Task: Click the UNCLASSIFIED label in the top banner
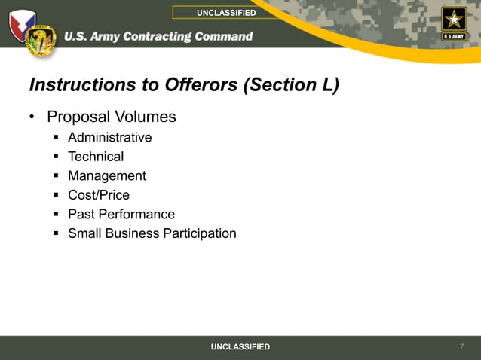click(226, 13)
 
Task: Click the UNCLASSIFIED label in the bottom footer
click(240, 346)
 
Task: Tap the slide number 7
click(461, 346)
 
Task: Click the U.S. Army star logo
click(454, 23)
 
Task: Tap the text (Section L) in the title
click(291, 85)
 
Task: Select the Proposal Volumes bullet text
click(111, 117)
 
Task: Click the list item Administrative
click(109, 137)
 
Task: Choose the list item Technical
click(96, 157)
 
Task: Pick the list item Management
click(107, 175)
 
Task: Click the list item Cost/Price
click(99, 195)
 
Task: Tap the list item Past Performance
click(121, 214)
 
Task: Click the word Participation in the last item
click(200, 233)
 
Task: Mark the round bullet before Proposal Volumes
click(32, 117)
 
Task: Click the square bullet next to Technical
click(56, 157)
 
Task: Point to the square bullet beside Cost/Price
click(56, 195)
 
